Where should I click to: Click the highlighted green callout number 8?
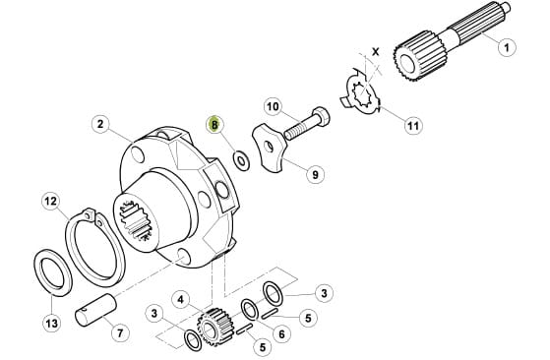point(214,124)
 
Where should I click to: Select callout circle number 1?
point(507,47)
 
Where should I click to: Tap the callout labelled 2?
point(100,124)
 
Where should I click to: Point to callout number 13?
point(51,323)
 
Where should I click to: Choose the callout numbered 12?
point(51,202)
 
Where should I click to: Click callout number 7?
point(120,332)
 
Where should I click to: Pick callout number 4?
point(180,300)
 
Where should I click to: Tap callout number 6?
point(281,334)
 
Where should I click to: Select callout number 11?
point(413,125)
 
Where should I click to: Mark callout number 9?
point(315,174)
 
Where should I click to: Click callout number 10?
point(273,106)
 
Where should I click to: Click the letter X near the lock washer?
point(376,52)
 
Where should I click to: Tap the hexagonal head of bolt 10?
point(321,117)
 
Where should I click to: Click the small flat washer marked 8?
point(241,160)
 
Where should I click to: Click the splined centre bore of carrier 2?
point(135,221)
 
